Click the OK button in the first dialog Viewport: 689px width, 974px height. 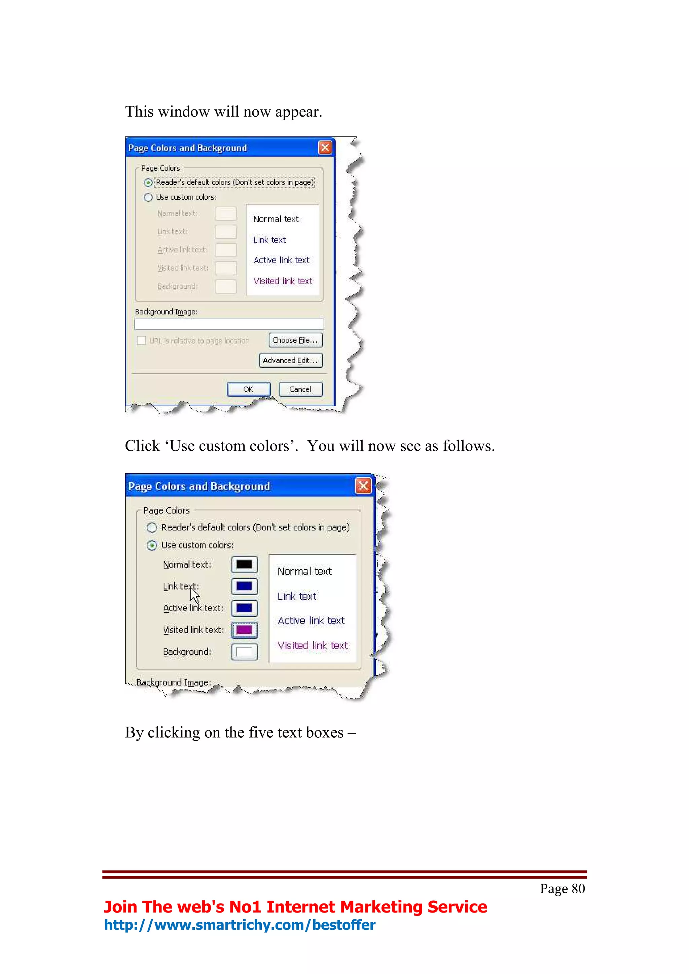click(248, 389)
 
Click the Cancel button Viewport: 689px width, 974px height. click(300, 389)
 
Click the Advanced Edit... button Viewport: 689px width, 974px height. click(291, 360)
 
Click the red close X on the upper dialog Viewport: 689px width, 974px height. click(325, 148)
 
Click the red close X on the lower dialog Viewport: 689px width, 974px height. click(363, 486)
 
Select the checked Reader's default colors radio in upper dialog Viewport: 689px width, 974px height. click(148, 183)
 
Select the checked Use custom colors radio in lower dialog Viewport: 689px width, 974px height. click(151, 545)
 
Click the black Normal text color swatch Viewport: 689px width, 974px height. click(244, 565)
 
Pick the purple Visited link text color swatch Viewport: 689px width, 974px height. click(244, 630)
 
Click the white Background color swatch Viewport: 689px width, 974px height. click(244, 652)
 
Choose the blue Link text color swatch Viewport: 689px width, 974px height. click(244, 586)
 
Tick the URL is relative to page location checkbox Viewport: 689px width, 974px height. click(142, 341)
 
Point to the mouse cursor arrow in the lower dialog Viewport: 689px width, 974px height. click(194, 595)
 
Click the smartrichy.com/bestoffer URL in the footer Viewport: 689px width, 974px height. click(240, 925)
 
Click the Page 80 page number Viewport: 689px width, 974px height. click(562, 889)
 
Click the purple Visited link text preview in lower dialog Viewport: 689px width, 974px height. click(313, 646)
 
